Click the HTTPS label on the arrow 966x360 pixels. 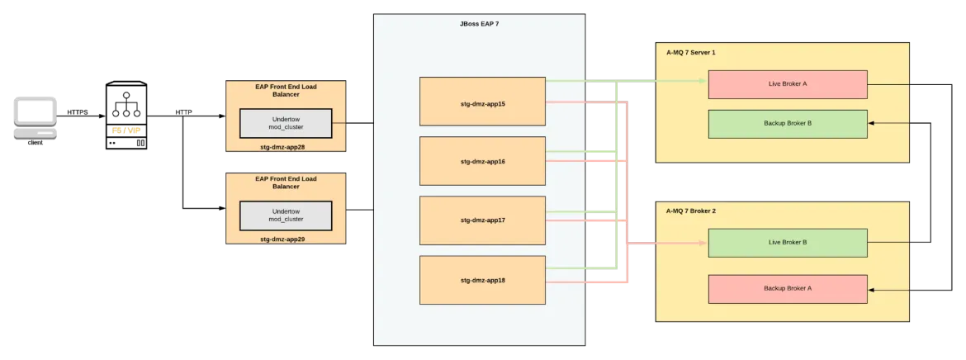pyautogui.click(x=78, y=112)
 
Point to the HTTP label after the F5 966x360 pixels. pyautogui.click(x=183, y=112)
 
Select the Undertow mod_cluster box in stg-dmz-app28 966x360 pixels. pyautogui.click(x=286, y=123)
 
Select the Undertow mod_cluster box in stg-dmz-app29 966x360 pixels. pyautogui.click(x=286, y=216)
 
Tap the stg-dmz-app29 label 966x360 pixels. pyautogui.click(x=286, y=238)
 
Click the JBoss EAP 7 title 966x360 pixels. pyautogui.click(x=480, y=24)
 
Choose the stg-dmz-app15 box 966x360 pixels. pyautogui.click(x=482, y=101)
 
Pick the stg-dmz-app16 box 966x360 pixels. pyautogui.click(x=482, y=161)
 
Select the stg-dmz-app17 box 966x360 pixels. pyautogui.click(x=482, y=220)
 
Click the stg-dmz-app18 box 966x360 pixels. pyautogui.click(x=482, y=280)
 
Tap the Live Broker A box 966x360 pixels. pyautogui.click(x=788, y=84)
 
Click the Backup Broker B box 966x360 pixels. pyautogui.click(x=788, y=124)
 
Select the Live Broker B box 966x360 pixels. pyautogui.click(x=788, y=243)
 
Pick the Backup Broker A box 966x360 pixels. pyautogui.click(x=788, y=289)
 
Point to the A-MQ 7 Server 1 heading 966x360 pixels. pyautogui.click(x=690, y=52)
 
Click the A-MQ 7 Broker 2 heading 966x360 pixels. pyautogui.click(x=690, y=211)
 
